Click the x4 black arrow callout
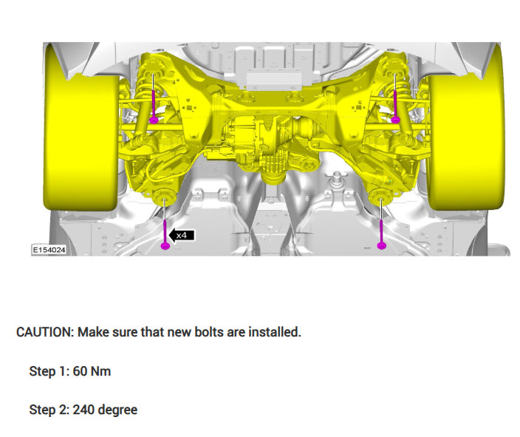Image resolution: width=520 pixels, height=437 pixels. pos(182,235)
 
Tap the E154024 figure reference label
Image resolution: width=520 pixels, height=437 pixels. pos(49,250)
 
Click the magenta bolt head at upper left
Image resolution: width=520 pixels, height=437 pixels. pos(154,120)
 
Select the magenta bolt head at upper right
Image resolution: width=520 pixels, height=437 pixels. pos(395,120)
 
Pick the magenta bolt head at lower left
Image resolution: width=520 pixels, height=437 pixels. pos(165,245)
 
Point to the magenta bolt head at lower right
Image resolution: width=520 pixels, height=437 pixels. pos(382,245)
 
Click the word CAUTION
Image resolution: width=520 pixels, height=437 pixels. pos(45,332)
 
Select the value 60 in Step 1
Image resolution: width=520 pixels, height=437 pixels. pos(80,371)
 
